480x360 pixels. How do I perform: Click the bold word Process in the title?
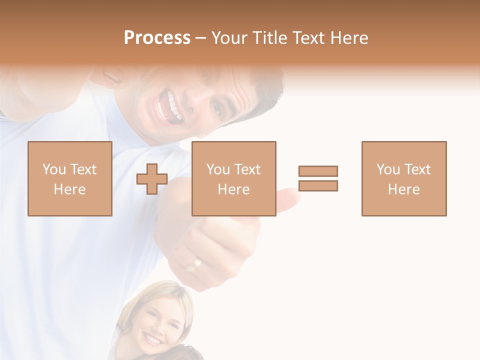coord(157,38)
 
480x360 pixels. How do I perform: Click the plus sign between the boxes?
coord(152,178)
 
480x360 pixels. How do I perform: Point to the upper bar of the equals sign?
coord(318,171)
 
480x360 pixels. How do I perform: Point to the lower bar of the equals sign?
coord(318,185)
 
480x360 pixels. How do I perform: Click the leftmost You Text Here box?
coord(70,178)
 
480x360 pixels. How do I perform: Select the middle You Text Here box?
coord(233,178)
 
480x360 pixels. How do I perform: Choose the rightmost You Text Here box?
coord(403,178)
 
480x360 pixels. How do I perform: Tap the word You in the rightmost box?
coord(388,169)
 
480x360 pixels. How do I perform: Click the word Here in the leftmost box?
coord(70,189)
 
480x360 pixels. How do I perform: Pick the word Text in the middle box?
coord(247,169)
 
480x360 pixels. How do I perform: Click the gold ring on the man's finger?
coord(194,264)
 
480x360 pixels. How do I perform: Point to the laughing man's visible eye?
coord(217,107)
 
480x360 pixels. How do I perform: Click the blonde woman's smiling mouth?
coord(153,339)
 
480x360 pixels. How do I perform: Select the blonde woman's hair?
coord(165,292)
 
